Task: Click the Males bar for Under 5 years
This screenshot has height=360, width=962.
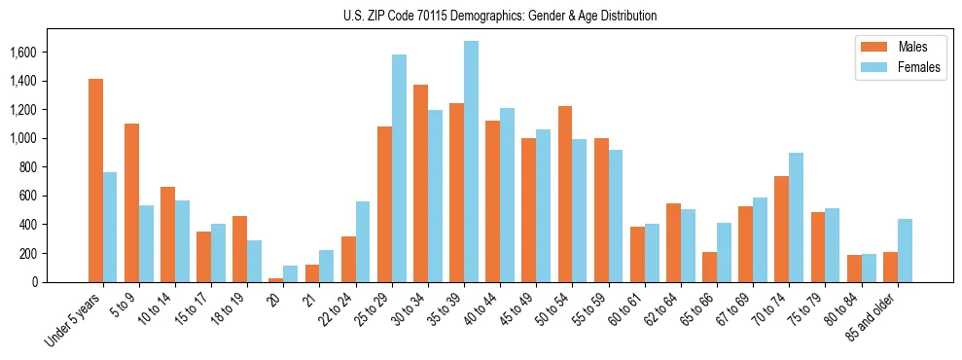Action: (x=95, y=180)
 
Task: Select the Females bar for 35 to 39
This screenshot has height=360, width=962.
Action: (x=471, y=162)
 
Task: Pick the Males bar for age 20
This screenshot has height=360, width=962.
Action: (x=276, y=280)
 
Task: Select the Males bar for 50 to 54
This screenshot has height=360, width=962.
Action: (x=565, y=194)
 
